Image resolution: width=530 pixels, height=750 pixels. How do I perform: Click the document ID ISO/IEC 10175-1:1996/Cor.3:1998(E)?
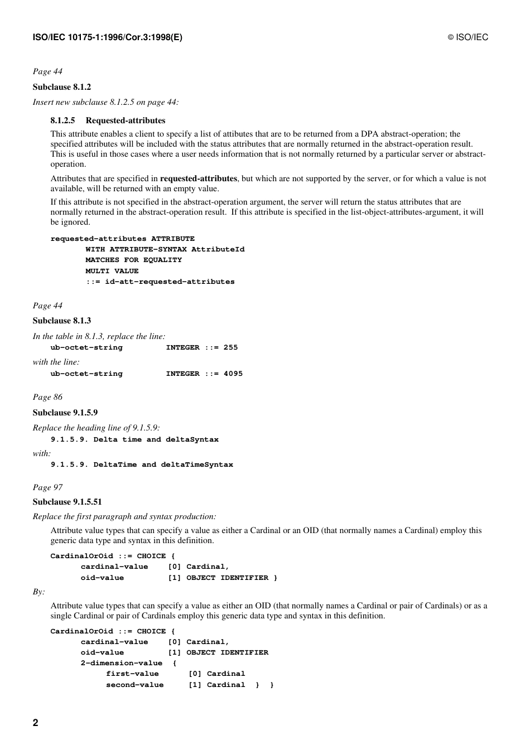107,37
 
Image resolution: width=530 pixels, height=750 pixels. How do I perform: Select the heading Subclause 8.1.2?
61,87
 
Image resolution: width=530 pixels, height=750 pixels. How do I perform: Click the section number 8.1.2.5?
62,120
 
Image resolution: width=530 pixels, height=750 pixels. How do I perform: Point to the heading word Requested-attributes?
126,120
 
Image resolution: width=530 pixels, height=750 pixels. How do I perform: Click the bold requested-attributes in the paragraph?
199,179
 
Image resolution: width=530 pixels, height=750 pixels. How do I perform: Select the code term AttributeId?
218,249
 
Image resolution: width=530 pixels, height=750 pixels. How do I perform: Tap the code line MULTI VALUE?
112,271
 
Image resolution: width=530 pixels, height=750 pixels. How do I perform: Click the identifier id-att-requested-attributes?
170,282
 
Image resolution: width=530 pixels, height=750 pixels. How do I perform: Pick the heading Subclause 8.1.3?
61,321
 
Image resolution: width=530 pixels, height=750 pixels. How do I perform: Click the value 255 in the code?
230,347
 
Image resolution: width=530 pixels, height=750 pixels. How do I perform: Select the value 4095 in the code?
233,374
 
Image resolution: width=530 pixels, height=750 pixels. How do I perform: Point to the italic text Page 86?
47,397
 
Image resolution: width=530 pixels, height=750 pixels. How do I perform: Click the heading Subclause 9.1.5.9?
65,413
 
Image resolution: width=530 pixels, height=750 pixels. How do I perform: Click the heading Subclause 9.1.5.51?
67,502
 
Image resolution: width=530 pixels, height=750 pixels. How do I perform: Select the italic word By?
38,592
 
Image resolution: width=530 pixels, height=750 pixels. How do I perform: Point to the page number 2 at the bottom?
36,723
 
